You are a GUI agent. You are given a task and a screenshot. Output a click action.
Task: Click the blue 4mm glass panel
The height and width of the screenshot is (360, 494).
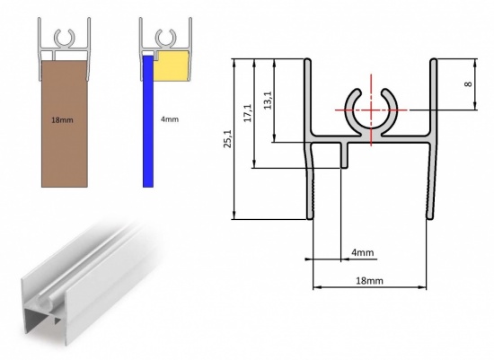point(148,126)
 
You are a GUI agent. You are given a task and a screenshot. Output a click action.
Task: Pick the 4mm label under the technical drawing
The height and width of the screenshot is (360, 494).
point(363,253)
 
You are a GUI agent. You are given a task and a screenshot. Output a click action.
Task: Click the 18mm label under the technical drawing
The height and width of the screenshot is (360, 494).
point(368,281)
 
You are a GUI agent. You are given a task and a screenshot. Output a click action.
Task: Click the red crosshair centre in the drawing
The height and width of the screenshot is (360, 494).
point(370,110)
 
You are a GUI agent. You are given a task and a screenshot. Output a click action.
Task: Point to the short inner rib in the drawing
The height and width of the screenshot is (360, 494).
point(346,155)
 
